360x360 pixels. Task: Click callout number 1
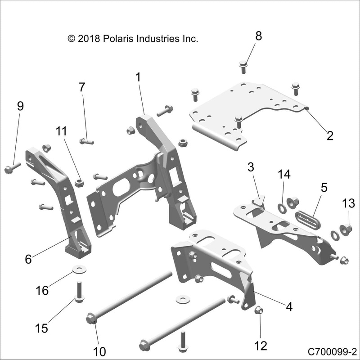coord(138,77)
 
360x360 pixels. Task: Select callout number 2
coord(330,135)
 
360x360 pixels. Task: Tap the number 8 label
coord(258,36)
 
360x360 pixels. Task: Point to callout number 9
coord(20,106)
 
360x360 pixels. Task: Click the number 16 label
coord(42,290)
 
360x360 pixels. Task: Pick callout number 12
coord(261,346)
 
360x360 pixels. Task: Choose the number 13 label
coord(349,203)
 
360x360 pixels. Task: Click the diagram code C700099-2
coord(332,351)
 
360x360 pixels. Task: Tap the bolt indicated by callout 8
coord(243,66)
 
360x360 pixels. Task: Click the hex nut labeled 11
coord(79,183)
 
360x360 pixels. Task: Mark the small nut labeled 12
coord(259,310)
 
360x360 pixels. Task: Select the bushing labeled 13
coord(347,229)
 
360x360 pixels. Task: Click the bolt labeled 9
coord(11,170)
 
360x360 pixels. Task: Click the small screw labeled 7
coord(86,141)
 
